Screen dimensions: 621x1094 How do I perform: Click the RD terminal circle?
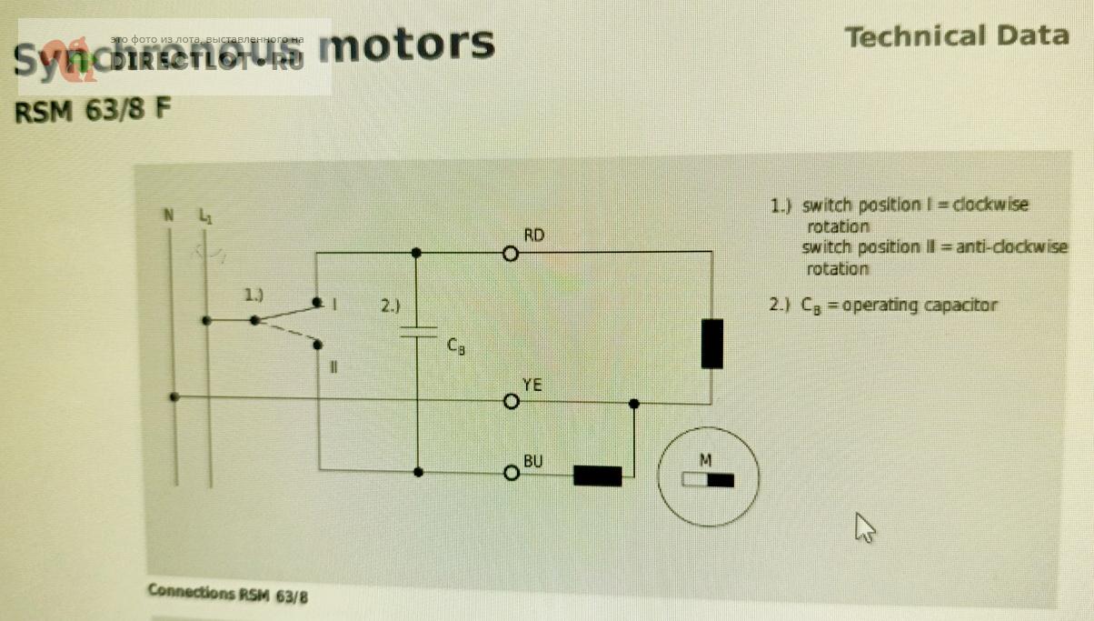click(x=511, y=254)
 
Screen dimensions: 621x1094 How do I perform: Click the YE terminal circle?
click(x=512, y=400)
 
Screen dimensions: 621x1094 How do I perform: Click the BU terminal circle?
click(x=511, y=473)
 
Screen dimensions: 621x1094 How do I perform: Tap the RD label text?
click(x=534, y=235)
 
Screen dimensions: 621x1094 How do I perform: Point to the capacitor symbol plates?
click(x=417, y=332)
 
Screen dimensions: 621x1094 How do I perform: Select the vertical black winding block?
click(x=712, y=344)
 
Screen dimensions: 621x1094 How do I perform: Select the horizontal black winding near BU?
click(x=597, y=476)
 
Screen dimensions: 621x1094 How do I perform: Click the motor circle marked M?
click(x=708, y=477)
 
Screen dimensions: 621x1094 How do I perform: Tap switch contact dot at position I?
click(x=316, y=301)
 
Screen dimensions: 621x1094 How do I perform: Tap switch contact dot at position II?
click(x=318, y=344)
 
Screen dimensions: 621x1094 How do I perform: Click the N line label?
click(x=168, y=216)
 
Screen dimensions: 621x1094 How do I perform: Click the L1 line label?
click(x=204, y=216)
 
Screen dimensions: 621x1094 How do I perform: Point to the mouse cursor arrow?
click(x=864, y=526)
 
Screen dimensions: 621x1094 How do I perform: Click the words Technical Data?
click(x=956, y=36)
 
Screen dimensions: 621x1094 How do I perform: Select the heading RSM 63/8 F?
click(x=91, y=111)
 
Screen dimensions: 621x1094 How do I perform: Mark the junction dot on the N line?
click(x=174, y=397)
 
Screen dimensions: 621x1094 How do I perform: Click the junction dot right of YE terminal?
click(x=634, y=403)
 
